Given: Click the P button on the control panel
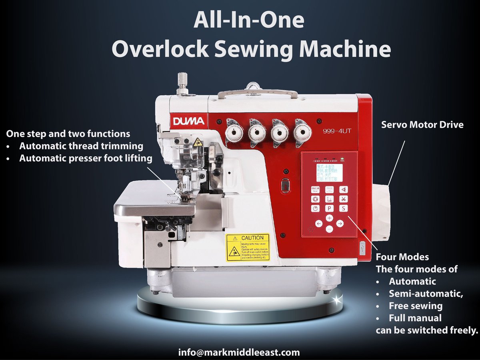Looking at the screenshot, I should (x=329, y=208).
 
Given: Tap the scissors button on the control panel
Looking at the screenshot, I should (x=343, y=199).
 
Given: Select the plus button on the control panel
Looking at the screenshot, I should (x=329, y=218).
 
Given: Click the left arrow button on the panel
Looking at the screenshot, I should (x=319, y=224).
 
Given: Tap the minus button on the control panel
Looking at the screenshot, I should (x=329, y=229).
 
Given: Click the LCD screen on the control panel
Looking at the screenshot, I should (x=329, y=172).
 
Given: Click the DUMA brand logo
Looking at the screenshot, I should (x=189, y=121).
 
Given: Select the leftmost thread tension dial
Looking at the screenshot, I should (x=234, y=132).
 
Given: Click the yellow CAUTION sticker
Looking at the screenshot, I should (x=248, y=248).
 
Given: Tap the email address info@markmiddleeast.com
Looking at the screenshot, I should (x=239, y=352).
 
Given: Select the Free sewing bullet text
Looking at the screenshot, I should (x=415, y=306).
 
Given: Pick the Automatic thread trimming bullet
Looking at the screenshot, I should (x=81, y=146).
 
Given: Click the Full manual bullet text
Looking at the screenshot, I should (x=415, y=318).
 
